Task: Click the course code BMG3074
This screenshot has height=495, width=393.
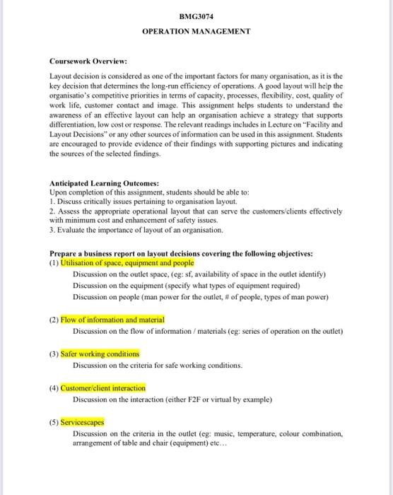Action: pyautogui.click(x=196, y=15)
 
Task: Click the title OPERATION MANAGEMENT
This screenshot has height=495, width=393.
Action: pyautogui.click(x=196, y=32)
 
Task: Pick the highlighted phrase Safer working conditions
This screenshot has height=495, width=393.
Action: pyautogui.click(x=100, y=354)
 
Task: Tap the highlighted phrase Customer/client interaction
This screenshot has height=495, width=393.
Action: pyautogui.click(x=103, y=388)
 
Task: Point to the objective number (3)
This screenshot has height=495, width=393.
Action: pyautogui.click(x=54, y=354)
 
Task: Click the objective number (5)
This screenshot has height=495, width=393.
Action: pyautogui.click(x=54, y=421)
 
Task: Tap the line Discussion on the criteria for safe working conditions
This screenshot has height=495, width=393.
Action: pyautogui.click(x=157, y=365)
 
